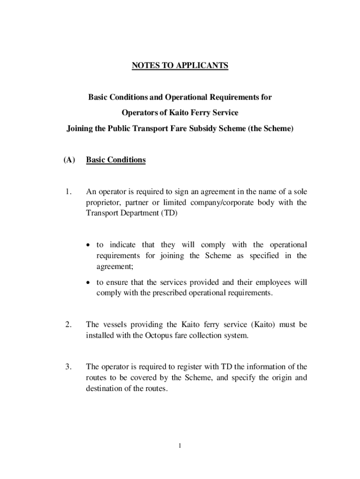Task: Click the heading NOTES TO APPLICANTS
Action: (180, 65)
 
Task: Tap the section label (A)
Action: (69, 160)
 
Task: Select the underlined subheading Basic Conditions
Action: (115, 160)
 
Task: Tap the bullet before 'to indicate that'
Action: (90, 246)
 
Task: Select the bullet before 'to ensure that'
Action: (90, 283)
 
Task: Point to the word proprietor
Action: (102, 203)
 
